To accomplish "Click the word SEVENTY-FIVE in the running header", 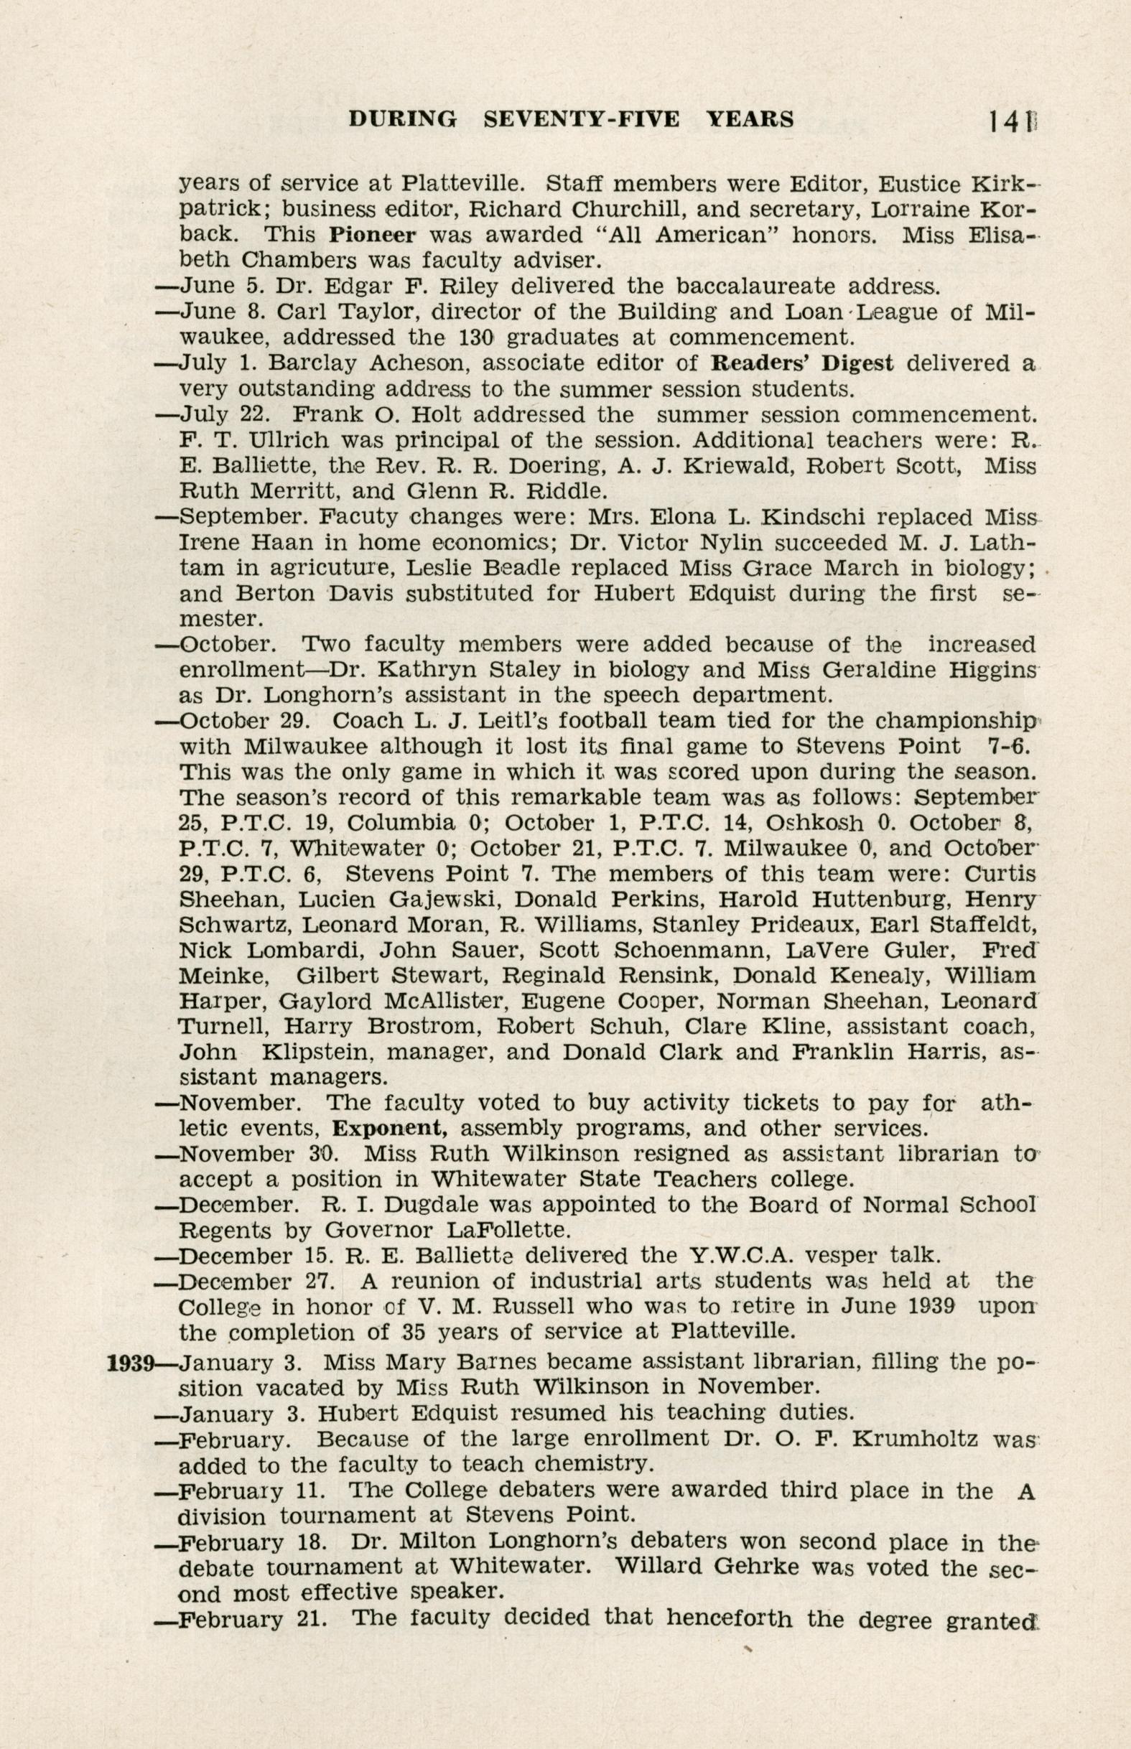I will click(581, 119).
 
